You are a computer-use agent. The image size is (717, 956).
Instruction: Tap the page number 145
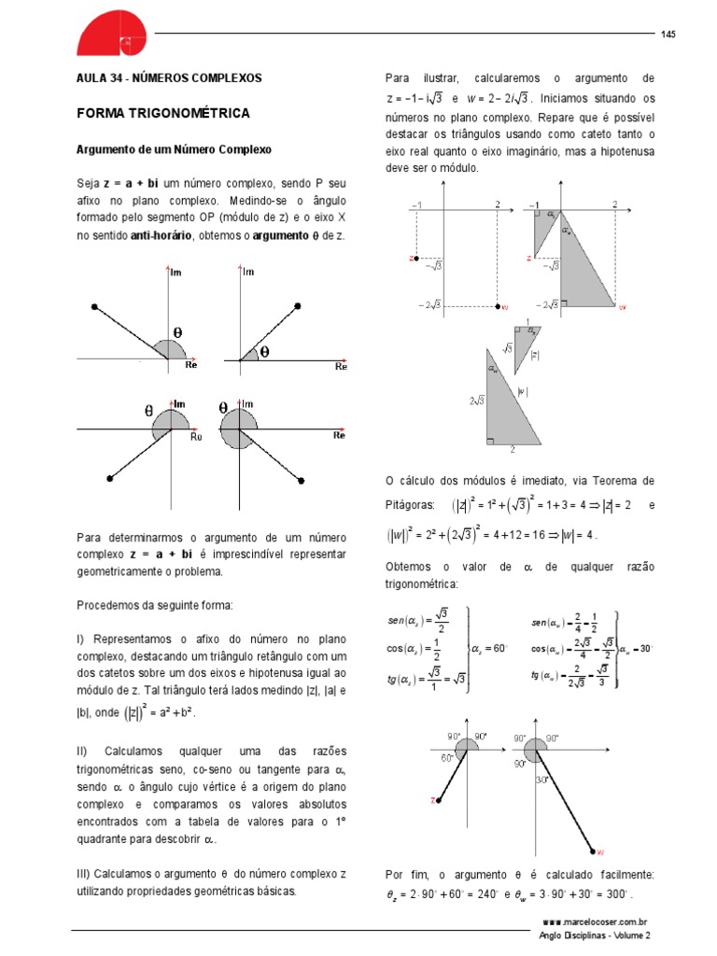pyautogui.click(x=668, y=35)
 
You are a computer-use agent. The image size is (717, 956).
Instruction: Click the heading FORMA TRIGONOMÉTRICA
pyautogui.click(x=162, y=113)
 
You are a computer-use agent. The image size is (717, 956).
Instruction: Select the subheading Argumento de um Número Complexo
pyautogui.click(x=173, y=149)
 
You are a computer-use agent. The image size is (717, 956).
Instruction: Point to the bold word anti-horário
pyautogui.click(x=161, y=236)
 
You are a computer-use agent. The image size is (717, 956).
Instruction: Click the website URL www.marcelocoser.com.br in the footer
pyautogui.click(x=595, y=921)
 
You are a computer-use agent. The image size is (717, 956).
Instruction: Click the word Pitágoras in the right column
pyautogui.click(x=410, y=504)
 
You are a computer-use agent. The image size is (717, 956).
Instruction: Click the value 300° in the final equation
pyautogui.click(x=613, y=893)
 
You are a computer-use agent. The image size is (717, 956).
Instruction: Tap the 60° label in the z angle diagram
pyautogui.click(x=447, y=759)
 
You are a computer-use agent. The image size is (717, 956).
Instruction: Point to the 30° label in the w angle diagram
pyautogui.click(x=542, y=780)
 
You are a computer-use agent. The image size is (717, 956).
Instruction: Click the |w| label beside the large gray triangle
pyautogui.click(x=523, y=392)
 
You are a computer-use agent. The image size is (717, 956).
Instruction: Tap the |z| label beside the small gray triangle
pyautogui.click(x=535, y=355)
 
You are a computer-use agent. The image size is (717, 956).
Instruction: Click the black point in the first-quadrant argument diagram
pyautogui.click(x=297, y=306)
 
